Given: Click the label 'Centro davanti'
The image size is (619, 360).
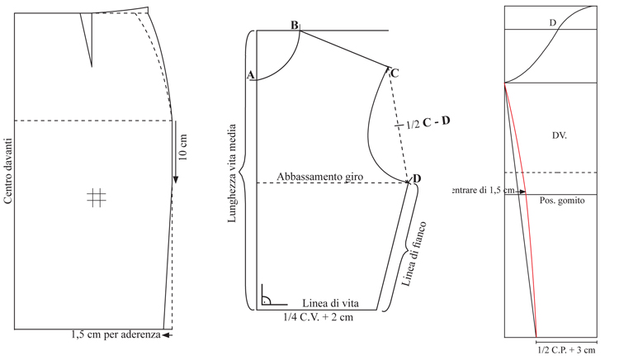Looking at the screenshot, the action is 8,171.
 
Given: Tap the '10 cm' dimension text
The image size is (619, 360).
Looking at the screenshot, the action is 183,147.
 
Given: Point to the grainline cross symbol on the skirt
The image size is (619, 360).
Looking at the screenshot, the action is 97,197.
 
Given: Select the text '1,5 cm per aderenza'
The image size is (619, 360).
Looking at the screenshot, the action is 116,334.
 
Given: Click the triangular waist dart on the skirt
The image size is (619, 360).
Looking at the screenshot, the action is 87,36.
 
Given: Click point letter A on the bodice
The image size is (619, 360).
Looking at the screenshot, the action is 250,75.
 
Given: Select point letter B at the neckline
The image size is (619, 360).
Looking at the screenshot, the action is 295,26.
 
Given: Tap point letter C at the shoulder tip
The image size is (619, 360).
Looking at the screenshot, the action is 395,73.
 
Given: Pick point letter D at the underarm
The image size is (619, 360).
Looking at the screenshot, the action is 417,178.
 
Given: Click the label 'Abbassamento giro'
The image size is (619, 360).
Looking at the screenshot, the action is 319,177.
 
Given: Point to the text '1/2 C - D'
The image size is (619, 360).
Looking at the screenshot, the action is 428,123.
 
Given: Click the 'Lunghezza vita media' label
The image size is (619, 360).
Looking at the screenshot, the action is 232,173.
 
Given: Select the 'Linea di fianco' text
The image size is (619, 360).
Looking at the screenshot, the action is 414,253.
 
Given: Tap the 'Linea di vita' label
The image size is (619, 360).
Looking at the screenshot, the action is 330,303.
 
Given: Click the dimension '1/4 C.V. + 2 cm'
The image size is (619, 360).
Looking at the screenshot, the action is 319,317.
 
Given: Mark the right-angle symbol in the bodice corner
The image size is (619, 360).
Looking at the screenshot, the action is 272,296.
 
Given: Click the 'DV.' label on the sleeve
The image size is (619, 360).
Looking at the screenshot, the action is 560,135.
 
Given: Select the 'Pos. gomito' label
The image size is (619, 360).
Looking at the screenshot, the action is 562,201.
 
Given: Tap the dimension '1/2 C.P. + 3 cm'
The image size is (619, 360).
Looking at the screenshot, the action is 566,350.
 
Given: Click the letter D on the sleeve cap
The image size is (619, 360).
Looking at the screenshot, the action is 553,23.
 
